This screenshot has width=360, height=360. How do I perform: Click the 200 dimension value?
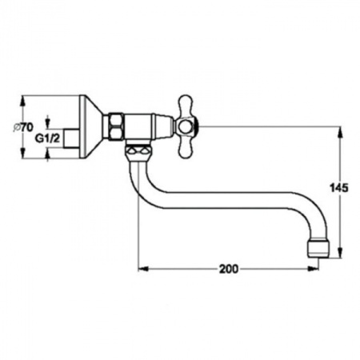pos(229,269)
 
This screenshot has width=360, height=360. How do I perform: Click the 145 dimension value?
pos(339,188)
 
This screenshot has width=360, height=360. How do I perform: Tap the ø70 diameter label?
pos(23,127)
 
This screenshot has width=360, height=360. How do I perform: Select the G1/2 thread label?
pos(48,138)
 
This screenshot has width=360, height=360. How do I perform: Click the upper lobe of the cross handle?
pos(186,106)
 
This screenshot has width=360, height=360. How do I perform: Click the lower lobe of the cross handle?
pos(186,146)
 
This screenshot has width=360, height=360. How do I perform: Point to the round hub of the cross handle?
pos(186,126)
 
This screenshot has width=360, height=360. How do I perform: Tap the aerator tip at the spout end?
pos(318,247)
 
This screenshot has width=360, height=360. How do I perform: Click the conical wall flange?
pos(91,127)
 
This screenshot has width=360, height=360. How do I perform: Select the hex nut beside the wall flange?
pos(116,126)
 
